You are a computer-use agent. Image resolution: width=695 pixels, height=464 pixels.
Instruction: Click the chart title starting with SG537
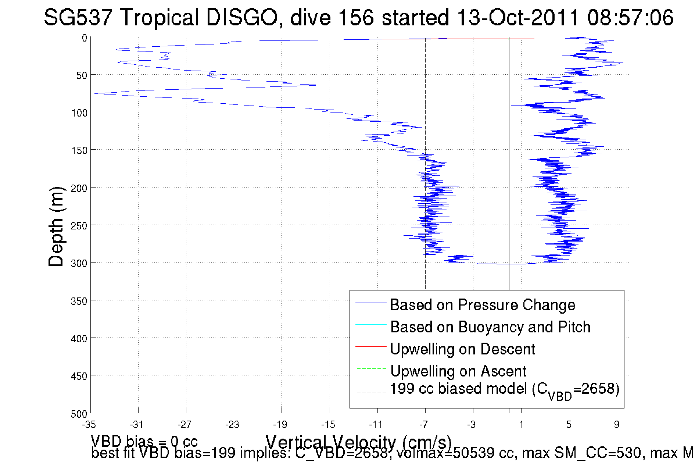coord(358,17)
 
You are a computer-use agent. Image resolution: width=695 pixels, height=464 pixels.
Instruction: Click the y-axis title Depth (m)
coord(56,226)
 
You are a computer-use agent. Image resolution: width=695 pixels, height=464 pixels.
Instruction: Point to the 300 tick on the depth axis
coord(79,263)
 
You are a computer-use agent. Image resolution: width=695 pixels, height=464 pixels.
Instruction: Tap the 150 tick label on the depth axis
coord(79,150)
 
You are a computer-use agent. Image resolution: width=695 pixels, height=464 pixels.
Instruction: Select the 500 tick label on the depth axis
coord(79,414)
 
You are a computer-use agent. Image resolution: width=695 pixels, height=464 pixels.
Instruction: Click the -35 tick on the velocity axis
coord(89,425)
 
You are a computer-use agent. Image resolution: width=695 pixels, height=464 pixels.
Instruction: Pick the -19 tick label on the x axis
coord(280,425)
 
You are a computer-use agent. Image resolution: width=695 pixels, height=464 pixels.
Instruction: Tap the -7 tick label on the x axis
coord(424,425)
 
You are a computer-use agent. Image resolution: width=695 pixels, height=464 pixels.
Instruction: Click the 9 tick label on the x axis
coord(617,425)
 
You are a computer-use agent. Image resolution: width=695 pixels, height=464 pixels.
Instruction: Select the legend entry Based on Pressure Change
coord(483,305)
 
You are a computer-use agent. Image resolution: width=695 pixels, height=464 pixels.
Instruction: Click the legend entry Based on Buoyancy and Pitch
coord(490,327)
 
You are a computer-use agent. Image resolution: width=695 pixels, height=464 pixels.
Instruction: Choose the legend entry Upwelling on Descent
coord(462,349)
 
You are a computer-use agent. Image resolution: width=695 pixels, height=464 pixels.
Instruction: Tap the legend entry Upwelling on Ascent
coord(458,371)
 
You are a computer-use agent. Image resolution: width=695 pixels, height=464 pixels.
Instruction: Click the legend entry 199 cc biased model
coord(504,389)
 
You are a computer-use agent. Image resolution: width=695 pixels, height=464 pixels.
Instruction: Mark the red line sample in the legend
coord(371,346)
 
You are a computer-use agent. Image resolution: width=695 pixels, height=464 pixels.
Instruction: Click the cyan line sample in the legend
coord(371,324)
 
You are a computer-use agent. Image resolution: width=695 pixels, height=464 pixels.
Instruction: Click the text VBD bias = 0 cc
coord(144,441)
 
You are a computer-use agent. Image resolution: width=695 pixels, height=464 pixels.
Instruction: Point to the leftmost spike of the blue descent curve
coord(95,94)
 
